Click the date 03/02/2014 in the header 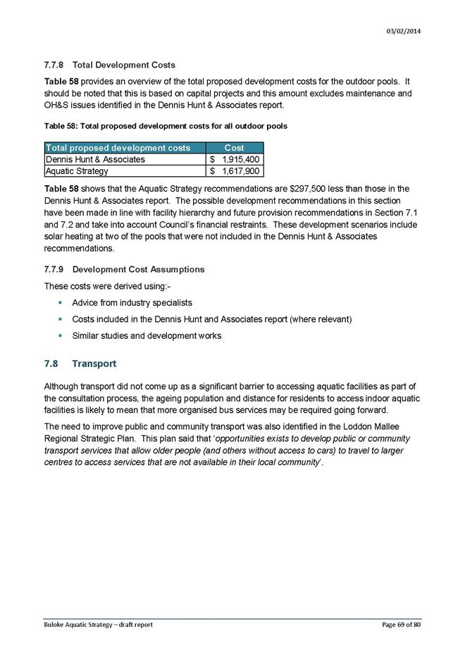(x=405, y=30)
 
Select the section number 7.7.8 (x=56, y=66)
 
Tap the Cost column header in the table (x=235, y=148)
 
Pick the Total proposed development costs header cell (x=118, y=148)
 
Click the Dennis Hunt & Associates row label (x=95, y=159)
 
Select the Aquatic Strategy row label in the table (x=77, y=171)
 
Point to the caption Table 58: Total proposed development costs (x=166, y=127)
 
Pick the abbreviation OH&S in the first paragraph (x=58, y=105)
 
